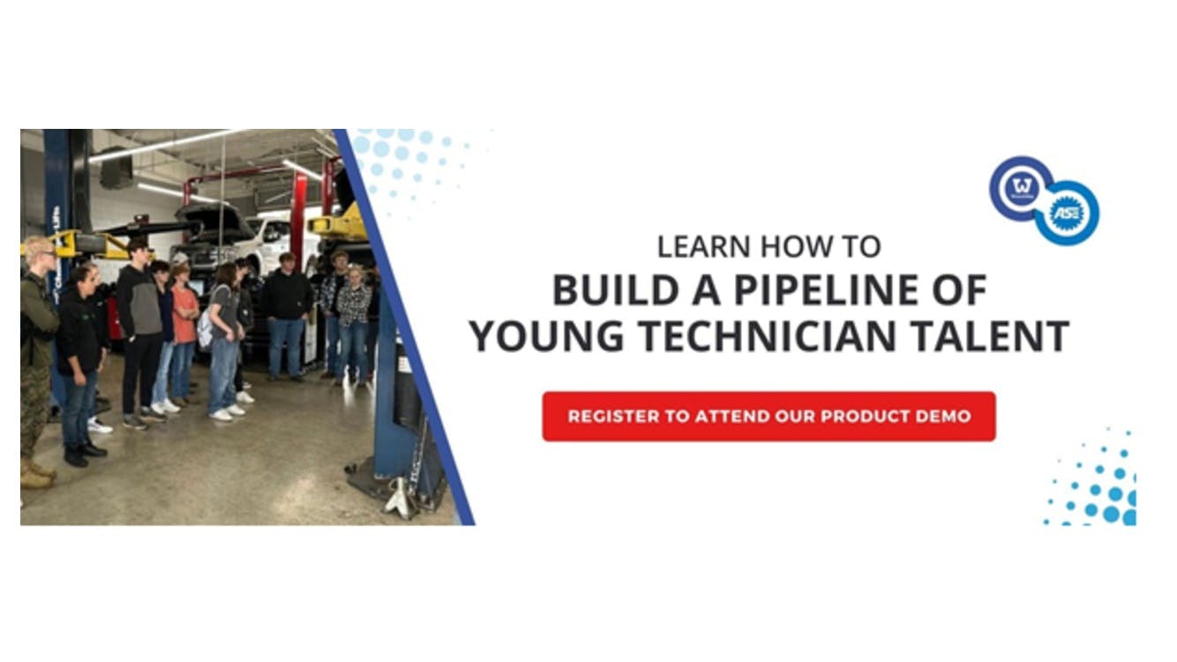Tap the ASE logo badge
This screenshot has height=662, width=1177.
click(x=1067, y=213)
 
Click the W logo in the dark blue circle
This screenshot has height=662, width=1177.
click(x=1022, y=188)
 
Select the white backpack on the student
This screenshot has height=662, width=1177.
click(x=206, y=328)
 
